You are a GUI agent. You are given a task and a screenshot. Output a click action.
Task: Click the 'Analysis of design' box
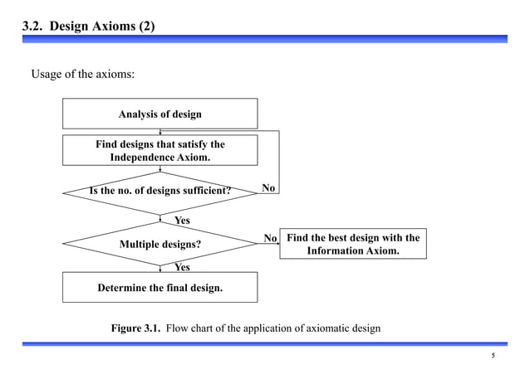[x=160, y=114]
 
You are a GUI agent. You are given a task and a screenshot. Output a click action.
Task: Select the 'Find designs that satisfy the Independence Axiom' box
[x=160, y=150]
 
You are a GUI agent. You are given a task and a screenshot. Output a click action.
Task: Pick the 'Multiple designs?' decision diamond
[x=160, y=245]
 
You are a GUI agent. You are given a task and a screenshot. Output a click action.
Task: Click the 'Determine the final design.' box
[x=160, y=289]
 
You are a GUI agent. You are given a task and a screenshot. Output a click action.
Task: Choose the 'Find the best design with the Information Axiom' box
[x=353, y=244]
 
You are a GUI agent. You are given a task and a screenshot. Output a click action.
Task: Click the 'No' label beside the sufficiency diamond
[x=268, y=188]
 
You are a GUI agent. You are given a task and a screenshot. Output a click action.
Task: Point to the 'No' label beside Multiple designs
[x=270, y=239]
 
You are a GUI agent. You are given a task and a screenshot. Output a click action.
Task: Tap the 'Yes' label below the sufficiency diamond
[x=182, y=221]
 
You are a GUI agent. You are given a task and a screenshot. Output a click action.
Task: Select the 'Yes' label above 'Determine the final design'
[x=182, y=267]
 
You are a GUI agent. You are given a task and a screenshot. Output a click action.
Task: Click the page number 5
[x=493, y=357]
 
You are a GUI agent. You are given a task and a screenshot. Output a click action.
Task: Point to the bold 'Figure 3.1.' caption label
[x=135, y=328]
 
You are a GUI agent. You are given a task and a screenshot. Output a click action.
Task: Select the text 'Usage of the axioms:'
[x=82, y=75]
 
